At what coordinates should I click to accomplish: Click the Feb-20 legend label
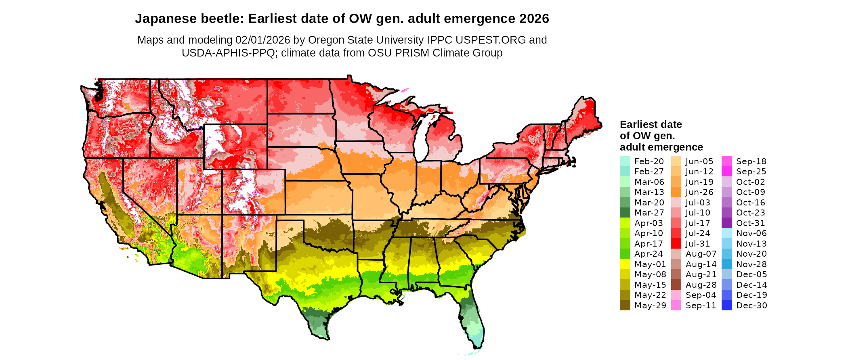[649, 161]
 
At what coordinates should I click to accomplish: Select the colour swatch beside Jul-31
[676, 244]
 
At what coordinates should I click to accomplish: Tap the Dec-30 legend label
[751, 306]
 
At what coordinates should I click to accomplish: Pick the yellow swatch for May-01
[625, 264]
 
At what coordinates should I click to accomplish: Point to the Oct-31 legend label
[751, 223]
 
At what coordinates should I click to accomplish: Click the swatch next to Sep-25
[726, 172]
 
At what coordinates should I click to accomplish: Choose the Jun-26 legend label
[699, 192]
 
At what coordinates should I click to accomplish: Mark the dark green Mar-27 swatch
[625, 213]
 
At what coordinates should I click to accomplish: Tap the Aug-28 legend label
[701, 285]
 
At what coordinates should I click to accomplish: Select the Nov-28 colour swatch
[726, 264]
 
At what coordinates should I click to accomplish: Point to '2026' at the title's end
[534, 19]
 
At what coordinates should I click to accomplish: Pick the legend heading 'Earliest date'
[651, 124]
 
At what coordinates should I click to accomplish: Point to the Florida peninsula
[472, 323]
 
